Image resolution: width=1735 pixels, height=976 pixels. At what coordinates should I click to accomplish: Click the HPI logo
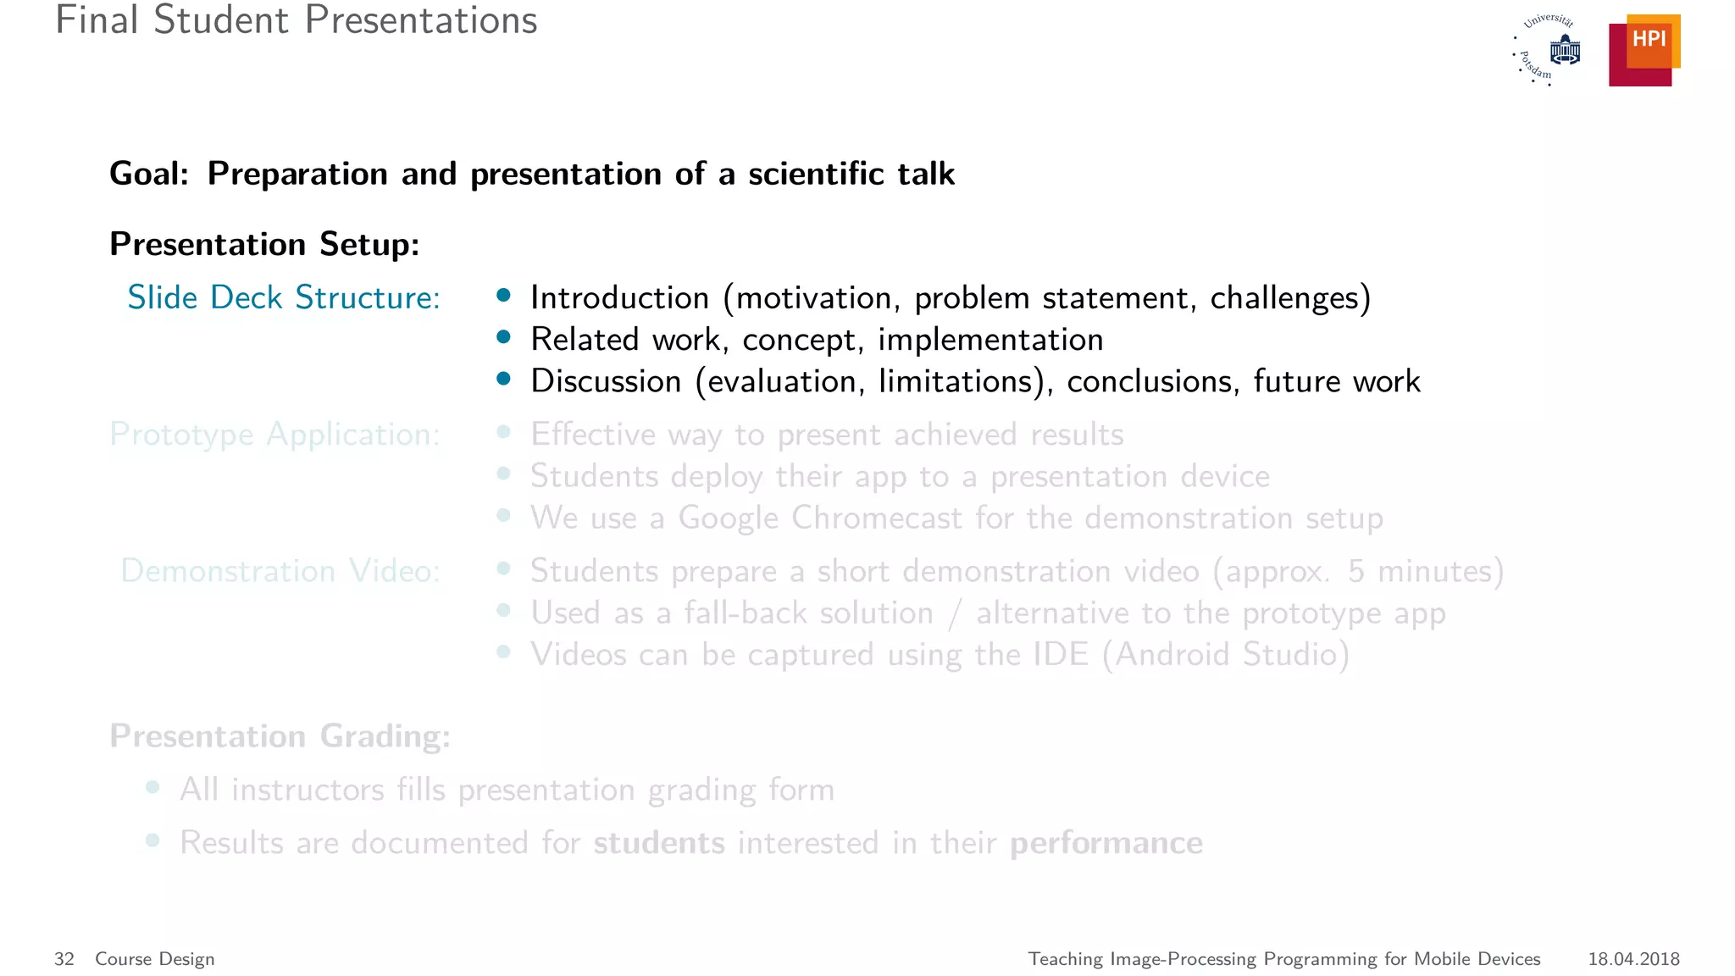1644,50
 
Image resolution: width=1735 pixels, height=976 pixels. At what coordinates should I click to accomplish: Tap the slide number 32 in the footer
64,959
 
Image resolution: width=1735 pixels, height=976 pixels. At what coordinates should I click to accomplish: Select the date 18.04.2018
1633,959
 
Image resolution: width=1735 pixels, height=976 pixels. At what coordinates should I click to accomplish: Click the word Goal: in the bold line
149,174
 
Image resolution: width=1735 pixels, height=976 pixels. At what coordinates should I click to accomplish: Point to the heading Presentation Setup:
264,244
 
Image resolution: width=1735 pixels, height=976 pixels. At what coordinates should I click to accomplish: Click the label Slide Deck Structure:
284,297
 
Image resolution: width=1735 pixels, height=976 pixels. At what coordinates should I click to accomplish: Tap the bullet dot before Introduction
504,295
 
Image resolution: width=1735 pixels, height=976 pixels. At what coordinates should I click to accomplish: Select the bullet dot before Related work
504,337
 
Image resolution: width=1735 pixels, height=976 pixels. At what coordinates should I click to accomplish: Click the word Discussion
606,381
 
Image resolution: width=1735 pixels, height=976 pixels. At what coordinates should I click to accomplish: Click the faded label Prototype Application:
274,435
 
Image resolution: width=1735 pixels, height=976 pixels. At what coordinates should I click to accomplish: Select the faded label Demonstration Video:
280,571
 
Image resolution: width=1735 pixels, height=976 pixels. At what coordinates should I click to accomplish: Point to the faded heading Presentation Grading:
280,736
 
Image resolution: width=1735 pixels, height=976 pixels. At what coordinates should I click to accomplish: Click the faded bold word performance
1106,843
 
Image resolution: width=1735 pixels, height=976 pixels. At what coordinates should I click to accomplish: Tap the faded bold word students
659,843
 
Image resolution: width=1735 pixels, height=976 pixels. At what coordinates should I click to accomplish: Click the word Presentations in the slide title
421,20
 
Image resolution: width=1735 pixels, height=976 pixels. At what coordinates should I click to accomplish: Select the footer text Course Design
155,959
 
